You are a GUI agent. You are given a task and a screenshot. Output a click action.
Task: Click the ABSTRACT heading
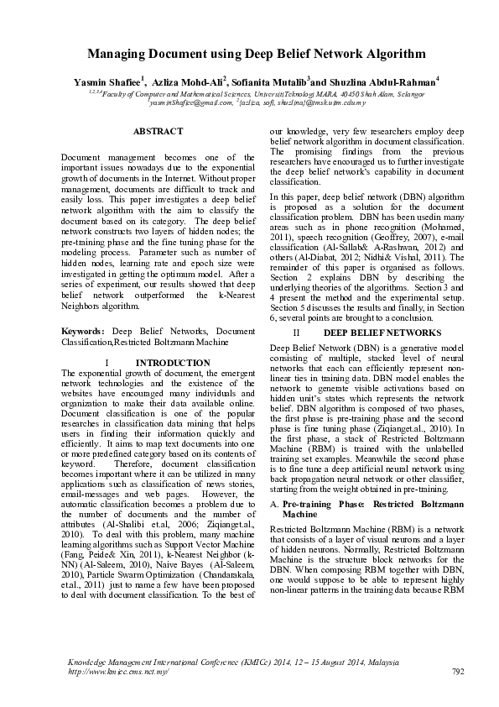[158, 131]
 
